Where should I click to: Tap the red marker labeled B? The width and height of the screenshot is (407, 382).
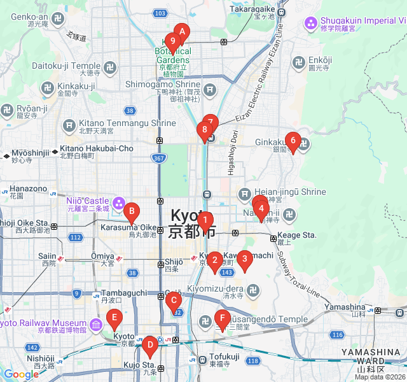[x=131, y=211]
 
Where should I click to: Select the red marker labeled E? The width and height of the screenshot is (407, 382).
[x=114, y=317]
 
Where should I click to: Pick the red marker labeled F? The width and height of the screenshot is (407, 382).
[x=221, y=318]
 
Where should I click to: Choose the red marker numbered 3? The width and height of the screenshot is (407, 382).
[x=244, y=259]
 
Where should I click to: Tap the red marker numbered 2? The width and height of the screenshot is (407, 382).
[x=214, y=260]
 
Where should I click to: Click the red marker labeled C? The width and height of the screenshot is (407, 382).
[x=174, y=302]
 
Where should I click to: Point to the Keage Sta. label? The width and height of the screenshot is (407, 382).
[x=301, y=235]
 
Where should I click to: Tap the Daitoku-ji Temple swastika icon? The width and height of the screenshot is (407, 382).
[x=109, y=66]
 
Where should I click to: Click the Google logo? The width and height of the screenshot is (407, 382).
[x=20, y=374]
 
